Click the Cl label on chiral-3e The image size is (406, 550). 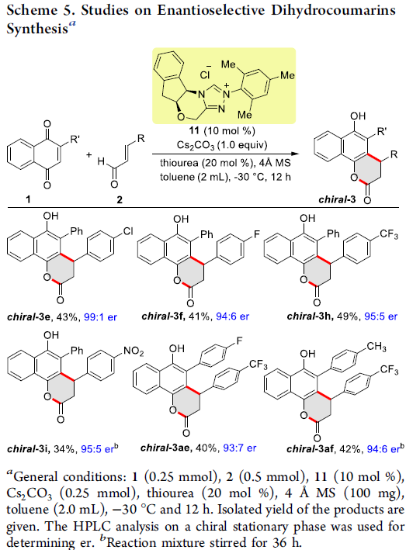point(128,231)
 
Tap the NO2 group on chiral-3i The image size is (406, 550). point(134,351)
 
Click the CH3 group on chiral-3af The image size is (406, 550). point(377,347)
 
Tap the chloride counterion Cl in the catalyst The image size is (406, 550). point(205,74)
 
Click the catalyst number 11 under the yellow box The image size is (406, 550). point(194,131)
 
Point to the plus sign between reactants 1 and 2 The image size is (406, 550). point(89,154)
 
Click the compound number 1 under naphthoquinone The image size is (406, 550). point(28,199)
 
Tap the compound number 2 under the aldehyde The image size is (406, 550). point(120,199)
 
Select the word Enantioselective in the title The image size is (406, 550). point(210,10)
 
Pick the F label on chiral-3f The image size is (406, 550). point(257,234)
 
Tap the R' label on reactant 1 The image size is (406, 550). point(75,140)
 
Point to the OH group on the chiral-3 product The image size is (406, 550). point(358,116)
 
